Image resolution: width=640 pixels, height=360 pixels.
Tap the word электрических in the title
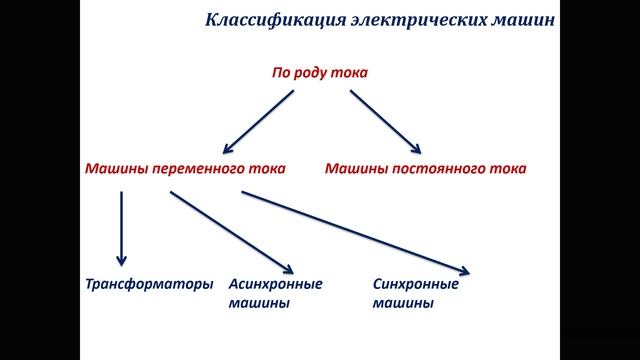point(397,19)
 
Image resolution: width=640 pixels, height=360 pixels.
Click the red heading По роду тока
point(320,73)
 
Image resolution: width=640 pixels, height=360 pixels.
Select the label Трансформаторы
point(148,284)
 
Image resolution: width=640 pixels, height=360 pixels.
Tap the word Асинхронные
point(276,284)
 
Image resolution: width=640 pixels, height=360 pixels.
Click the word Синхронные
point(415,284)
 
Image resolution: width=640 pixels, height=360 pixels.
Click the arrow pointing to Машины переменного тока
point(257,121)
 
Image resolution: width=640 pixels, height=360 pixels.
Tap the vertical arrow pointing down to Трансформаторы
point(122,229)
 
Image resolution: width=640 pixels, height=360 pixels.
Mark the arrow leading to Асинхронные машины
point(231,231)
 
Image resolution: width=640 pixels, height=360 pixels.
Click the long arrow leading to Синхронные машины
point(356,231)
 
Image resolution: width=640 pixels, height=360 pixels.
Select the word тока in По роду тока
point(350,73)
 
